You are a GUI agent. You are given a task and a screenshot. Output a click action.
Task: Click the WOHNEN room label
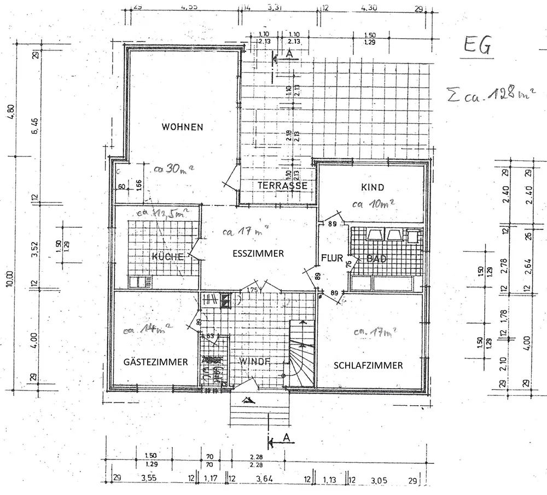point(182,127)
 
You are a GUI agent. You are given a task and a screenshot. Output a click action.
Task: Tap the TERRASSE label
point(282,186)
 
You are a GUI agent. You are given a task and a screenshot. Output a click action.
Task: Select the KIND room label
point(374,187)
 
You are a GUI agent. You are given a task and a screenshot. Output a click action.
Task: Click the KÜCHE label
point(164,257)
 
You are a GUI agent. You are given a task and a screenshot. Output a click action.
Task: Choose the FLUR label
point(331,258)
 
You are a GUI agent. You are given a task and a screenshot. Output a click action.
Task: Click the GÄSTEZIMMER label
point(156,362)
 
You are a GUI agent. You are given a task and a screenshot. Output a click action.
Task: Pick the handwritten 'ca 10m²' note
point(374,205)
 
